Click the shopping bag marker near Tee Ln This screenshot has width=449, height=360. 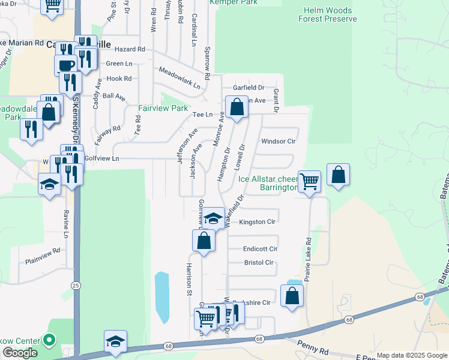(x=237, y=107)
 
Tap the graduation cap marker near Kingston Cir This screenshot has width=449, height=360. (x=213, y=218)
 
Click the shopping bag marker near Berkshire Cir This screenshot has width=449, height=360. (x=292, y=296)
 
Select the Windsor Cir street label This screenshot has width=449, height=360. (x=279, y=142)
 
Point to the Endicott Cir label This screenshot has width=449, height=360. (x=261, y=248)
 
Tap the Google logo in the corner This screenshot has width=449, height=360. (x=20, y=353)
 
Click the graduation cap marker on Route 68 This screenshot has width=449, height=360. (x=115, y=341)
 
